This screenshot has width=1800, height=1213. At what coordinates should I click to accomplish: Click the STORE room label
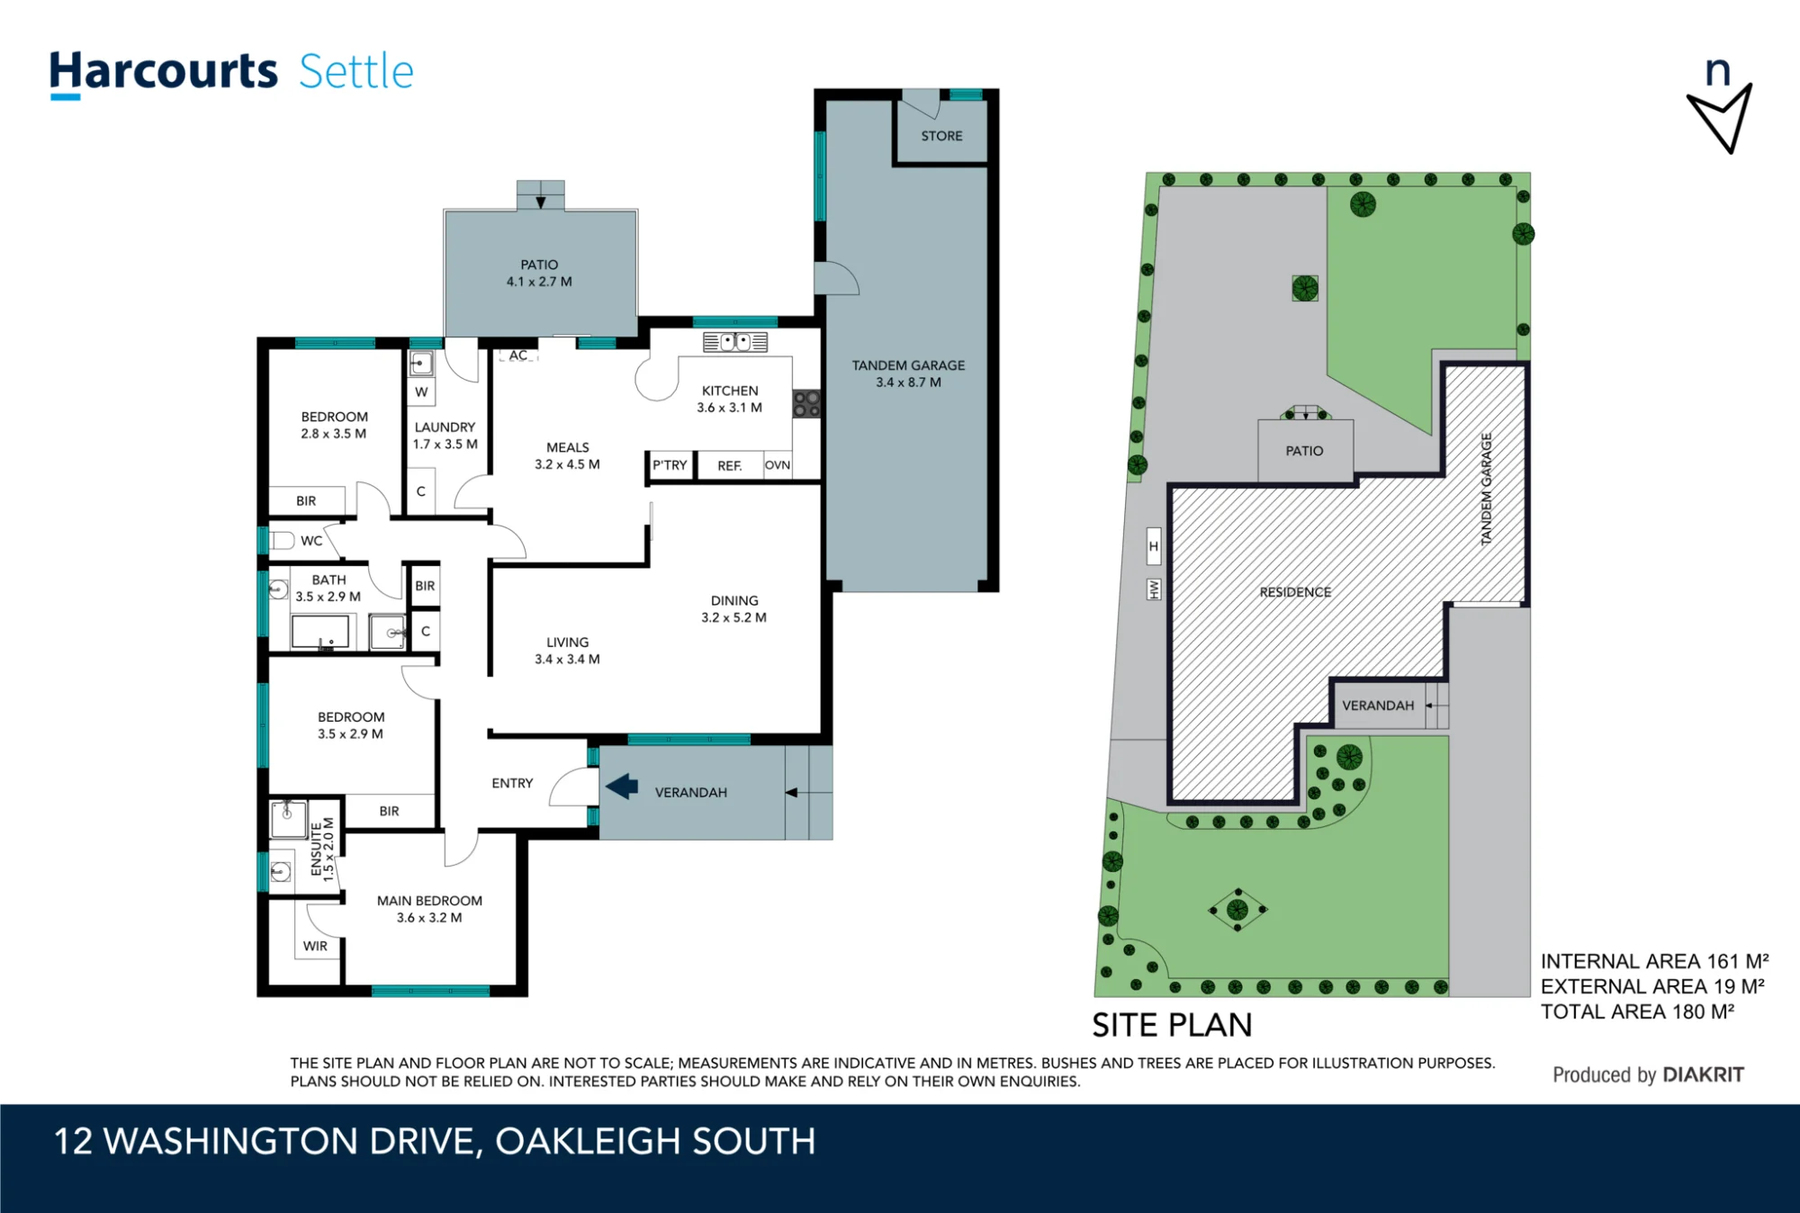click(941, 136)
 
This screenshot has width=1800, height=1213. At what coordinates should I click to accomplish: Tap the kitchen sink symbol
click(735, 342)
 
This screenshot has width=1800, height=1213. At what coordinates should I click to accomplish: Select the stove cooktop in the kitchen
click(806, 403)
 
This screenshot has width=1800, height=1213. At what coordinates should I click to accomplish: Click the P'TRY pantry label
click(670, 465)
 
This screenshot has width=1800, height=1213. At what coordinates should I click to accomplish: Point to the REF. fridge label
click(730, 466)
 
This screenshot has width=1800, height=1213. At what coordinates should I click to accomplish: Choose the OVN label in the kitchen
click(778, 465)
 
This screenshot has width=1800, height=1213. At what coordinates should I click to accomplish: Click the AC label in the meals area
click(518, 355)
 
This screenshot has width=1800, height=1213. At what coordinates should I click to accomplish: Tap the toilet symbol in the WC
click(282, 540)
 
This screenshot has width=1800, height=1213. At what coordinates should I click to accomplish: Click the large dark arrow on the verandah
click(622, 786)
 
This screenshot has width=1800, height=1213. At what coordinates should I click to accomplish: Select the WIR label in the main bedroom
click(315, 946)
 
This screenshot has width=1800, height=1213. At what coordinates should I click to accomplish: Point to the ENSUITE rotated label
click(316, 849)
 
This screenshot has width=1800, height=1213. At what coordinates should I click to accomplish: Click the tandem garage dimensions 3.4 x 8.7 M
click(909, 382)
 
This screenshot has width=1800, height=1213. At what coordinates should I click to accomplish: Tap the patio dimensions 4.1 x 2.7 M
click(539, 282)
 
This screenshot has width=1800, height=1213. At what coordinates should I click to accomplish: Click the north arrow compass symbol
click(1720, 107)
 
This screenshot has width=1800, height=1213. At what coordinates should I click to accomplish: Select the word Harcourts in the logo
click(163, 72)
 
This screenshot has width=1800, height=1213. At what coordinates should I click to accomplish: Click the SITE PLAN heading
click(1172, 1026)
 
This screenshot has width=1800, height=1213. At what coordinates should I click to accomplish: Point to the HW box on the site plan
click(1154, 589)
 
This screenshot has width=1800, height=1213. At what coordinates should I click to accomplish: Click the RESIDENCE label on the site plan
click(1295, 592)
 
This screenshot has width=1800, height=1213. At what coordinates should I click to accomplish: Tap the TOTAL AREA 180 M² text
click(1638, 1011)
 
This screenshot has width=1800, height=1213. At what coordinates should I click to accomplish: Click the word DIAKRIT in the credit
click(1704, 1074)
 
